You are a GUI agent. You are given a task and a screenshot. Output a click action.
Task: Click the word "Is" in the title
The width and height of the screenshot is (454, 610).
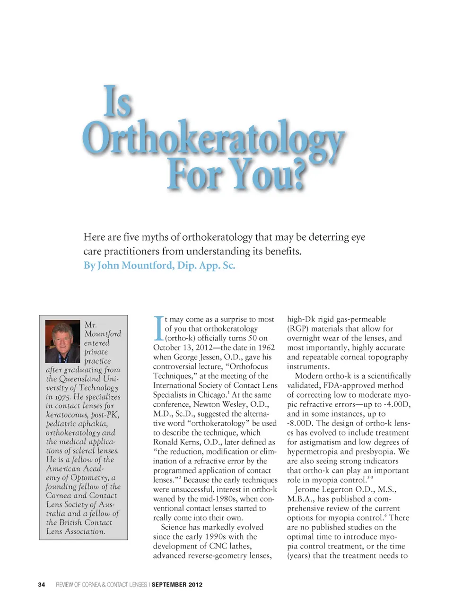click(x=118, y=102)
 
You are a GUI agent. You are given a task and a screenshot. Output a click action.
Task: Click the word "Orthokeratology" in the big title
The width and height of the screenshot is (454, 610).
click(x=213, y=138)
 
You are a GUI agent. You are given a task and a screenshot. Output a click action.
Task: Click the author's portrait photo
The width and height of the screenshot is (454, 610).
click(x=62, y=341)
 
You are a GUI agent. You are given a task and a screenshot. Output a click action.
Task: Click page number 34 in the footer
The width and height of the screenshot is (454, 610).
click(x=42, y=585)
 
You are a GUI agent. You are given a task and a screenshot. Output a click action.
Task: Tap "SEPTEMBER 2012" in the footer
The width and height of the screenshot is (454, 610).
click(x=177, y=585)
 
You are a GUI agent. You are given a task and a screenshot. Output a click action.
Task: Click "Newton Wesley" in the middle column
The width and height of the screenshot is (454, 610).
click(x=216, y=404)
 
